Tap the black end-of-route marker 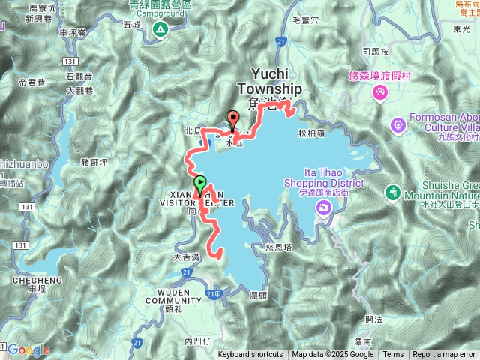(x=232, y=118)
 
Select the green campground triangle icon (x=160, y=29)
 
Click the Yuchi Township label (x=270, y=81)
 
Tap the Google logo (x=29, y=349)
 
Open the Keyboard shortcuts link (x=250, y=355)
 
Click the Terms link (x=393, y=355)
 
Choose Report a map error (x=445, y=355)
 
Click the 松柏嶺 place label (x=310, y=133)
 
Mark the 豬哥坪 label (x=94, y=160)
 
